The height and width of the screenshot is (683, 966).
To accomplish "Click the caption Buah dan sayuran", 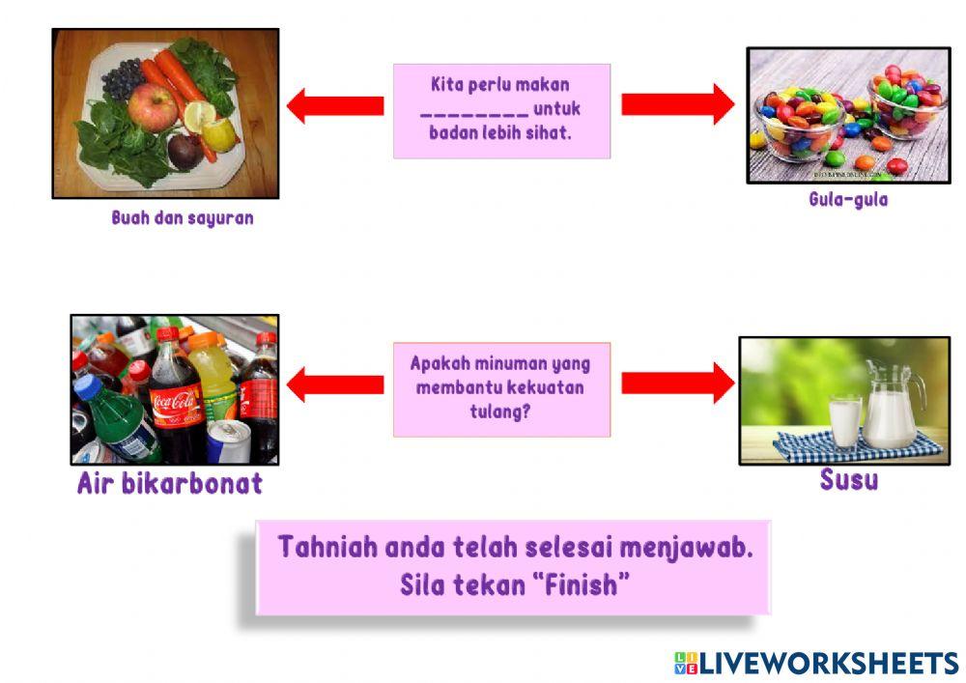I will [183, 218].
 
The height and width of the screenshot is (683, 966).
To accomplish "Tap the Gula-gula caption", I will [848, 201].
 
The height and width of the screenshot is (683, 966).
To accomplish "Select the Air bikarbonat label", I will [169, 484].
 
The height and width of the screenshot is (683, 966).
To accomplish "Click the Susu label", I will [848, 480].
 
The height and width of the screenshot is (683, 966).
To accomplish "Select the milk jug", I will [891, 406].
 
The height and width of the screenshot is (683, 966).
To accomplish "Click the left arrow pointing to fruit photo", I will [334, 105].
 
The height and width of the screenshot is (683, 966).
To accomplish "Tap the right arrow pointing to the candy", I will [677, 104].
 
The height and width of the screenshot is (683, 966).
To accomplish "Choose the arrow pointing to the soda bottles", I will [334, 384].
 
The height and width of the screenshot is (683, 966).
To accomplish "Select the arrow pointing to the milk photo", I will [677, 384].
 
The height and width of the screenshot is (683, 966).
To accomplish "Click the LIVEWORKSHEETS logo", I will [816, 663].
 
